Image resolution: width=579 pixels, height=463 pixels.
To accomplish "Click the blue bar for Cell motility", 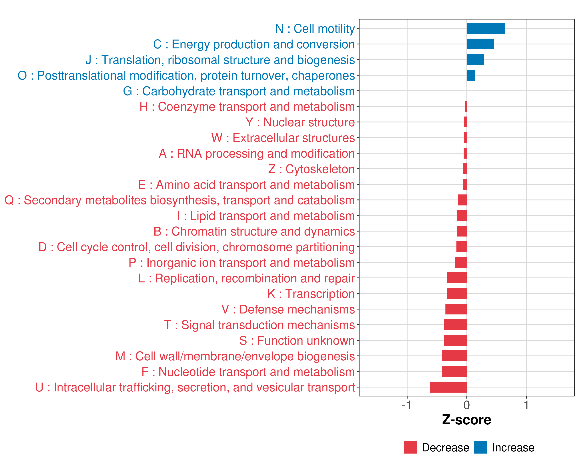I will pyautogui.click(x=486, y=28).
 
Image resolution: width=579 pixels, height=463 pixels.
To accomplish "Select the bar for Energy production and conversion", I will pyautogui.click(x=480, y=44).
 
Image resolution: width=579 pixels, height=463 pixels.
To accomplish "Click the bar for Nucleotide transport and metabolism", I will pyautogui.click(x=454, y=372).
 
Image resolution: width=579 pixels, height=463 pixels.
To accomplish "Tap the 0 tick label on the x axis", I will pyautogui.click(x=466, y=405).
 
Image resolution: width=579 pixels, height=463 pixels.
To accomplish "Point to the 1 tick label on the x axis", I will pyautogui.click(x=526, y=405).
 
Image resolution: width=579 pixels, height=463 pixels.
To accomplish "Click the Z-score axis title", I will pyautogui.click(x=466, y=420).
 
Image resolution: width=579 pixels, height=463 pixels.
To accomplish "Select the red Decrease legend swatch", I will pyautogui.click(x=410, y=447).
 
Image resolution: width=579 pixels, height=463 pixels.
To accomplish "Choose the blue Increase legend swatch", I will pyautogui.click(x=480, y=447).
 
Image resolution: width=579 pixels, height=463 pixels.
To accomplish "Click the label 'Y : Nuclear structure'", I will pyautogui.click(x=300, y=122).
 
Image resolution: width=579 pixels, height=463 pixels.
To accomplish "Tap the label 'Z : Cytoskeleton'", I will pyautogui.click(x=312, y=169).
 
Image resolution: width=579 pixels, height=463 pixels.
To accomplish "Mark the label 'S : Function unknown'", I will pyautogui.click(x=297, y=341).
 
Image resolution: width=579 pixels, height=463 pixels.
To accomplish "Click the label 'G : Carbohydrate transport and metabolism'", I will pyautogui.click(x=239, y=91).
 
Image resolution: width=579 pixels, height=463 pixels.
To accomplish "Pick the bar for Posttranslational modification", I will pyautogui.click(x=471, y=75).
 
